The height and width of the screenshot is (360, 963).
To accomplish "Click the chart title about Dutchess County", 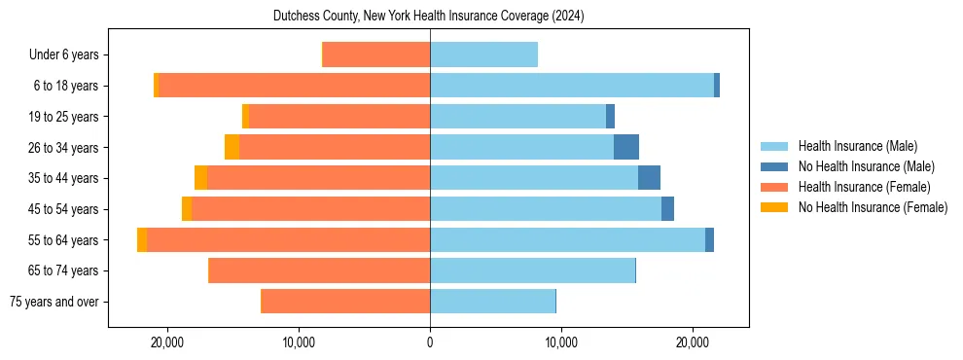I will tap(429, 17).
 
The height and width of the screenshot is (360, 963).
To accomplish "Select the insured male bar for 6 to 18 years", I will tap(572, 86).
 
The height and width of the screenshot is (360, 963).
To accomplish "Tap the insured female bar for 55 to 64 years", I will tap(288, 239).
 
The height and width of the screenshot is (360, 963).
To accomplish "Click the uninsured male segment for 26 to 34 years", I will tap(626, 147).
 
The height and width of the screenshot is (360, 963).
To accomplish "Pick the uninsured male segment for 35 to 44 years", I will tap(649, 178).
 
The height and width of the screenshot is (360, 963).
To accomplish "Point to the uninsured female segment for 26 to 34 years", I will tap(232, 147).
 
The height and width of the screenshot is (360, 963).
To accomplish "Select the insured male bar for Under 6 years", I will tap(483, 54).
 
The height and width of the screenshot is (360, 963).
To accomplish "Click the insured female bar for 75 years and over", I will tap(345, 302).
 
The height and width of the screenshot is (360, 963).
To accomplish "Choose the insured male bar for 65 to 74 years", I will tap(532, 270).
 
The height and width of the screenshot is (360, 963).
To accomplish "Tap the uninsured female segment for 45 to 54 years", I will tap(187, 209).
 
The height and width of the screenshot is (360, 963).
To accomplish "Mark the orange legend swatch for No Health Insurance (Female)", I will tap(775, 207).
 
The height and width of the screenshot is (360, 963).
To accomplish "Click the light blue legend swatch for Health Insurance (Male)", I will tap(775, 146).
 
